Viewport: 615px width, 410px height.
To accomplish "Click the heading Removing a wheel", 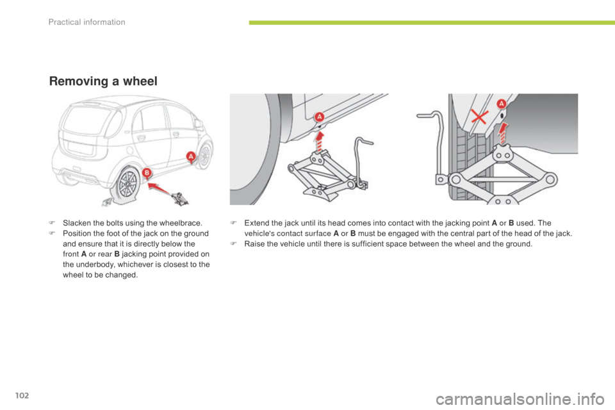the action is point(103,81).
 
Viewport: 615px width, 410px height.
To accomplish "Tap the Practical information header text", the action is point(86,22).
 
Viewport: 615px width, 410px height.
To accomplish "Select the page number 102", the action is point(22,395).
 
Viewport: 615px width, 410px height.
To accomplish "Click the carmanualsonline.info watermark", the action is point(520,400).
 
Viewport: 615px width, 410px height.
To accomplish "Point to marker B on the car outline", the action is point(147,172).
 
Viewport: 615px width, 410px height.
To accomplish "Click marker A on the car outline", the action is point(191,156).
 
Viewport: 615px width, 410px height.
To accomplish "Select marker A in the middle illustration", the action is point(319,117).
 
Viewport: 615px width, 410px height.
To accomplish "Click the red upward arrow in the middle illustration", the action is point(320,141).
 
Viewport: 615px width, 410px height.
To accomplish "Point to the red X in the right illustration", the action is point(480,117).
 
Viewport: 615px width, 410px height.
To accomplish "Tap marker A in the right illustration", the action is point(501,104).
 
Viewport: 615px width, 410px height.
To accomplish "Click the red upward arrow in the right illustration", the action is point(503,133).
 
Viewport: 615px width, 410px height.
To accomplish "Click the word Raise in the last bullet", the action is point(254,243).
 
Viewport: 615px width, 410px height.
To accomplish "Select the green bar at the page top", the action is point(432,23).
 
